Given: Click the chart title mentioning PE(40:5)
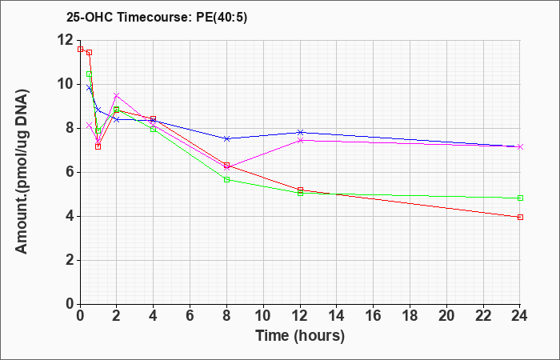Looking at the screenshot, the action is coord(157,18).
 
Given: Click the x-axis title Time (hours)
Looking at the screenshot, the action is coord(300,336).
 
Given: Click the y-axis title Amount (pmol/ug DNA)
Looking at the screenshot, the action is coord(22,172).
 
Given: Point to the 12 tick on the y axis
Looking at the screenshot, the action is coord(67,40).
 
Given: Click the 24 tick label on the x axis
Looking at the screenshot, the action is coord(520,316).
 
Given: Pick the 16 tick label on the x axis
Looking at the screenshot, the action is coord(374,316).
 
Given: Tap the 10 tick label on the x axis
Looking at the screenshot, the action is coord(263,316).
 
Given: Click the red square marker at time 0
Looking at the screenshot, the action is coord(80,49).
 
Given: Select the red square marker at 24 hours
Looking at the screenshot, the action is coord(520,217).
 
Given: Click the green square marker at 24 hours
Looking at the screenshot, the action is coord(520,198).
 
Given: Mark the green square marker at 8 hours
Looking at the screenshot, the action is coord(226,180).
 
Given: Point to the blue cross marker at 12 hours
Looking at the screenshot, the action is coord(300,133).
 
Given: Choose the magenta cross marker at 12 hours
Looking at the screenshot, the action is coord(300,140).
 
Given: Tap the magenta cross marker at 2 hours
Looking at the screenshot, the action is coord(117,95).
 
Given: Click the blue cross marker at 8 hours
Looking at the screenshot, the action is coord(226,138).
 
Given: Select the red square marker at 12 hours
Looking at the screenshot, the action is coord(300,190).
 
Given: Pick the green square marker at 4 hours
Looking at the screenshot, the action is coord(154,130).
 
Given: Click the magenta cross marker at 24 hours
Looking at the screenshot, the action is coord(520,146).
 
